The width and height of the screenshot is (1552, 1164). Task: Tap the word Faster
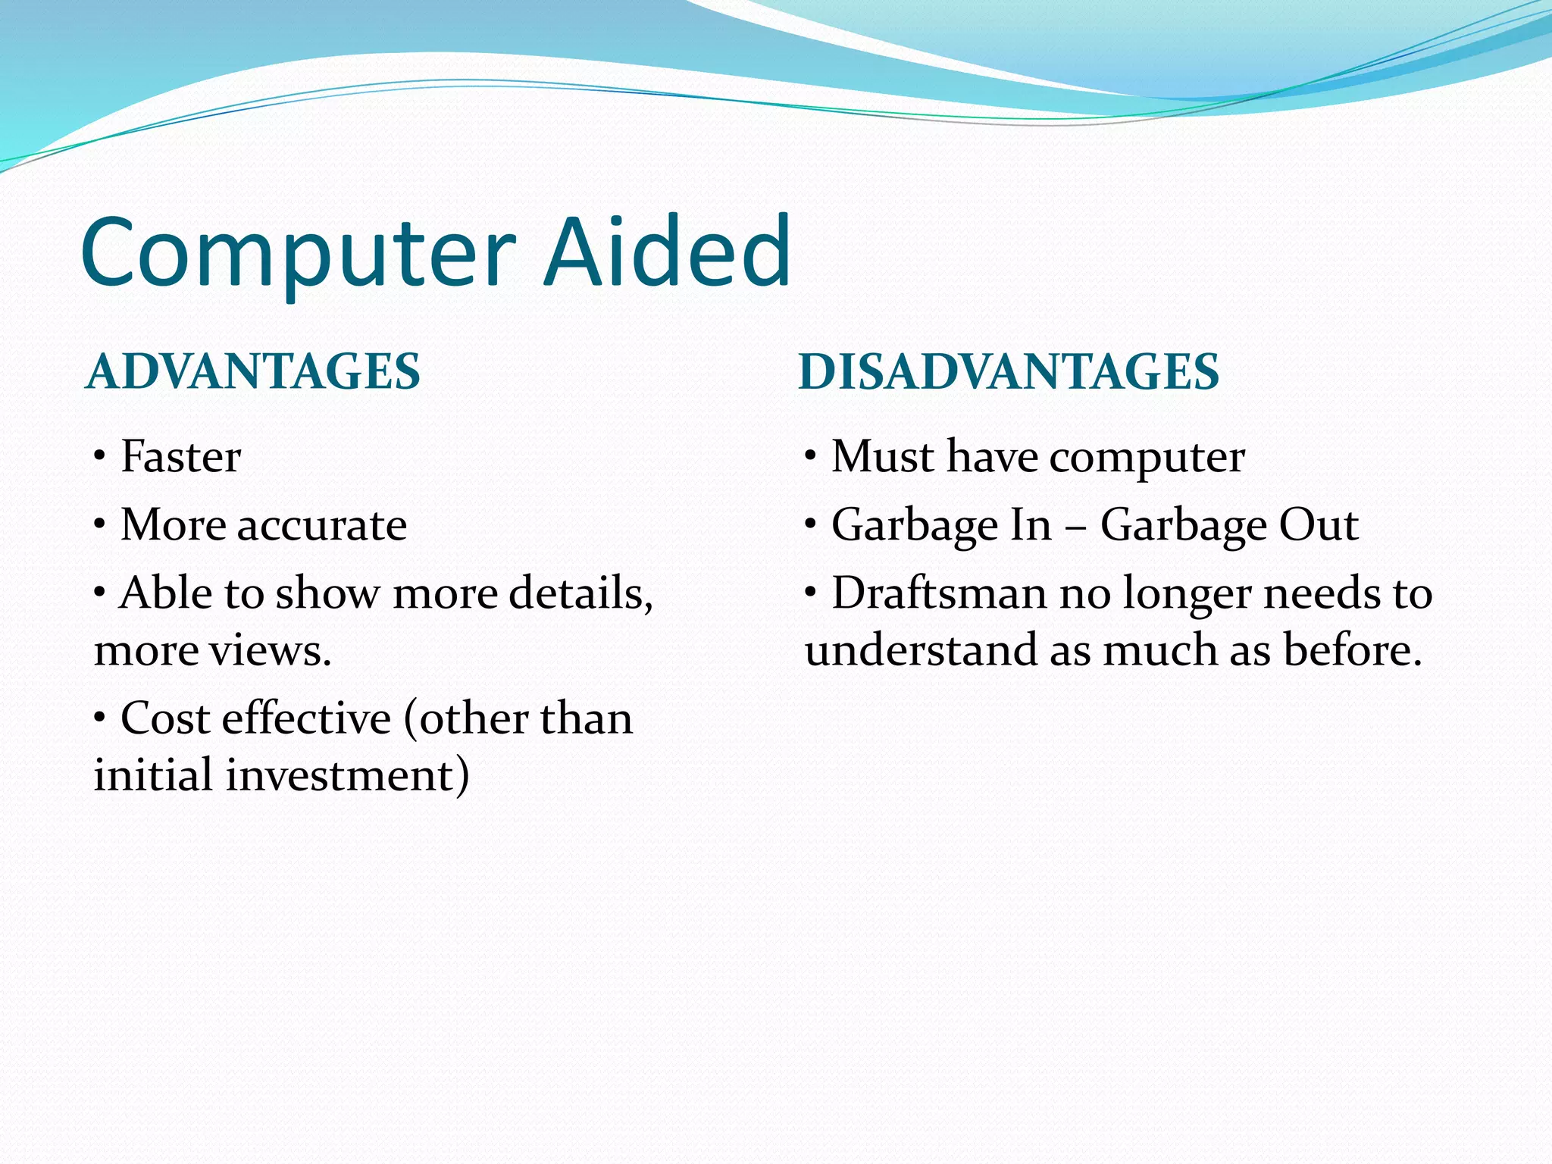(x=180, y=457)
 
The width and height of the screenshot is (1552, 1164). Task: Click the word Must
(x=882, y=457)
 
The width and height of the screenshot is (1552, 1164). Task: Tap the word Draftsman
(x=938, y=593)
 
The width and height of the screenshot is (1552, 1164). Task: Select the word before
(x=1351, y=650)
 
